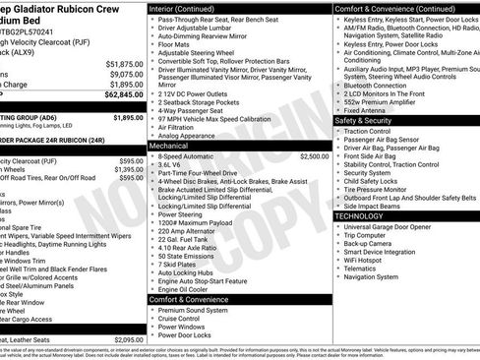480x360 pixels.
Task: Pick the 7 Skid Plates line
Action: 177,265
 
